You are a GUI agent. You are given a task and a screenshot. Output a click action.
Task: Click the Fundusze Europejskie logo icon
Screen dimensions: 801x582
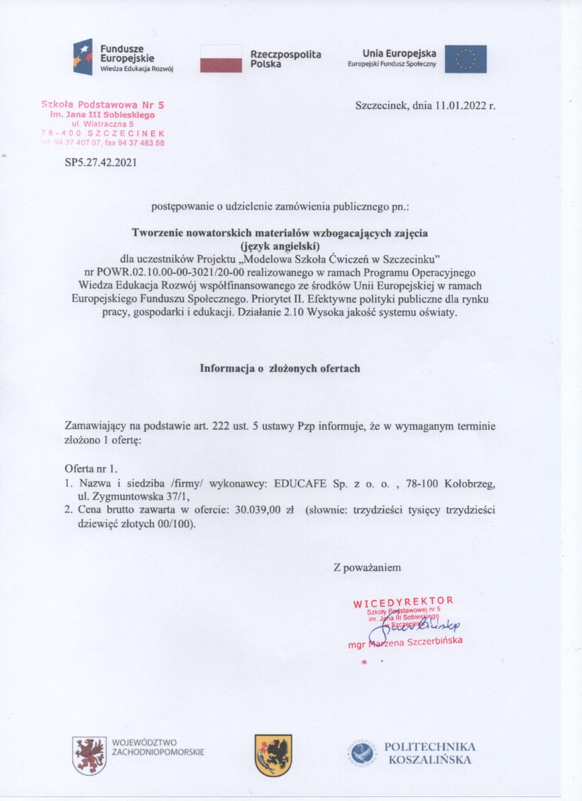coord(83,57)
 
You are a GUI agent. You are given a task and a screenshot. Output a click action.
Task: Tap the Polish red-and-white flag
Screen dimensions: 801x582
coord(220,58)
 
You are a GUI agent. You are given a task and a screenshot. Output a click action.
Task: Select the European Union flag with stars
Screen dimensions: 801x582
coord(466,59)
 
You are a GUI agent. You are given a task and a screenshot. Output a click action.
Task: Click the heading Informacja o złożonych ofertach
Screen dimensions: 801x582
coord(280,368)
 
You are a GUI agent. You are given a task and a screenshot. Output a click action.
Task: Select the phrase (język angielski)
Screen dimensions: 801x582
coord(280,245)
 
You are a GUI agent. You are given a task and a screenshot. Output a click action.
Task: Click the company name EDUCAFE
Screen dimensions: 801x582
coord(301,483)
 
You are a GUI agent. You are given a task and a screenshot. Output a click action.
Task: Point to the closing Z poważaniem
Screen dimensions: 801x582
coord(363,567)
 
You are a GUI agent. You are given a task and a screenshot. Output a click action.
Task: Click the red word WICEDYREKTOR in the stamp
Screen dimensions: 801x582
coord(403,602)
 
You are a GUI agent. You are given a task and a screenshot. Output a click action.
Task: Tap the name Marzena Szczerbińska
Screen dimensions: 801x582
coord(415,641)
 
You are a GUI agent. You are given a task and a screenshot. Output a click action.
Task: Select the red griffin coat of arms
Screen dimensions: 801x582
coord(90,755)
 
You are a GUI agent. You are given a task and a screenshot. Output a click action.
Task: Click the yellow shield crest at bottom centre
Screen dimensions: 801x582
coord(273,755)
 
